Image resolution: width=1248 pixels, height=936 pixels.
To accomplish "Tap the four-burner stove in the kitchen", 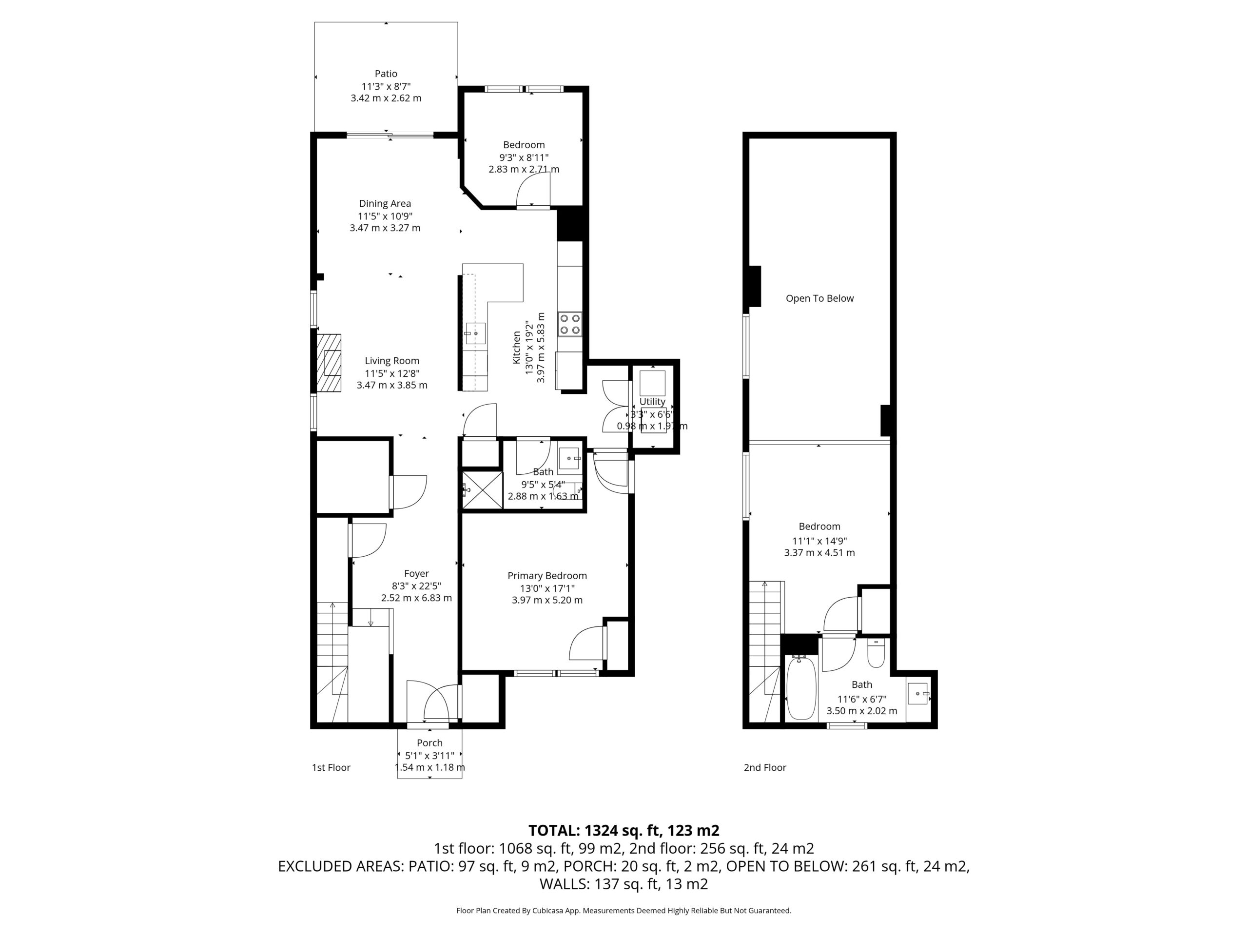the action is point(570,324).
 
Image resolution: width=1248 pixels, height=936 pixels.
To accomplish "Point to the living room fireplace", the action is point(329,363).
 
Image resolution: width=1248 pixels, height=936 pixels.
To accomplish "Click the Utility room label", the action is point(652,402).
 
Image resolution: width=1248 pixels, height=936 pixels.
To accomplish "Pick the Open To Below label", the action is point(820,298).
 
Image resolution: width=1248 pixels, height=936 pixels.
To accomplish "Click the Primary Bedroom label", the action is point(547,575).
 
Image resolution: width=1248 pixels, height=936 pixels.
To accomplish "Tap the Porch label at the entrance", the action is point(429,743).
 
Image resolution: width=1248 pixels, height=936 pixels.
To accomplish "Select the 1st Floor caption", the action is point(331,767).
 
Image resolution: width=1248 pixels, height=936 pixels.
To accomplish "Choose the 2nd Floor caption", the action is point(765,767).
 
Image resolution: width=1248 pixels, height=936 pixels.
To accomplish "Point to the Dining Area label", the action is point(385,204).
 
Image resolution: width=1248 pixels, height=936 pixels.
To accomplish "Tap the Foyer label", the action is point(416,574).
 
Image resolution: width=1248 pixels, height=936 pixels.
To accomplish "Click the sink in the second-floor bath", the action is point(918,693).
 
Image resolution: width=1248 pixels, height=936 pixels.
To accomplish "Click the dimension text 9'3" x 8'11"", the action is point(524,157).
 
